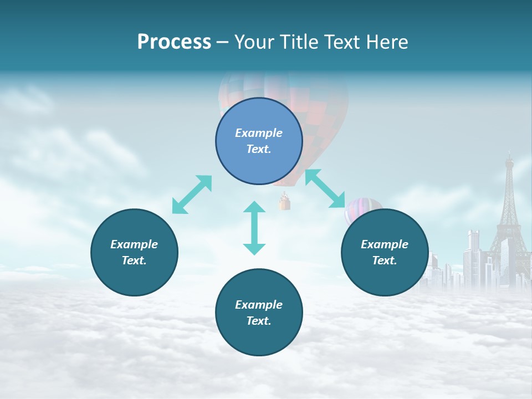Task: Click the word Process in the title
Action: [x=174, y=42]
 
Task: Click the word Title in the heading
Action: [x=297, y=42]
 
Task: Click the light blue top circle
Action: [x=259, y=141]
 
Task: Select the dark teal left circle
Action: [x=134, y=252]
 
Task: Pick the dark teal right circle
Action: [x=385, y=252]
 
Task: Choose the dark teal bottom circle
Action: [x=259, y=313]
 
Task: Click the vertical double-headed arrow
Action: [x=254, y=228]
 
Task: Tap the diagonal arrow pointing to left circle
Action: [x=192, y=195]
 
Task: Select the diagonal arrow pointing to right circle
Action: [x=325, y=188]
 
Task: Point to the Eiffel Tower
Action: [x=508, y=222]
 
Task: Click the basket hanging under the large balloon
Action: [x=285, y=203]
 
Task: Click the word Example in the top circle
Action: [x=259, y=133]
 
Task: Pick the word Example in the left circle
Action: [x=134, y=244]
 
